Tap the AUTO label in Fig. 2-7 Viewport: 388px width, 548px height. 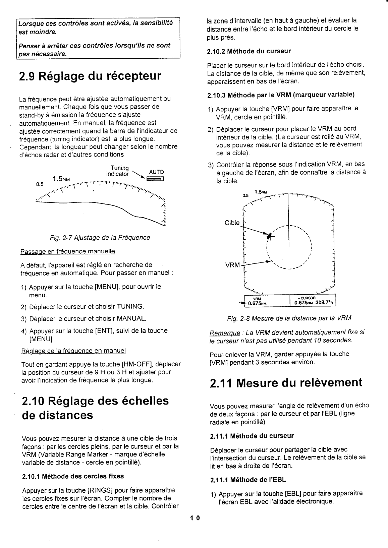pos(156,172)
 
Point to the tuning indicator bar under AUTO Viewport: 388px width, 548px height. pos(156,179)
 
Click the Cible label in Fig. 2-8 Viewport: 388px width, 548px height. pos(232,223)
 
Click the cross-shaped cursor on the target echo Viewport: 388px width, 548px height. pos(269,236)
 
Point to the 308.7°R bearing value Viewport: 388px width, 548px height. pos(324,303)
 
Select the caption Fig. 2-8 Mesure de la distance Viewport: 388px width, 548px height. pos(289,318)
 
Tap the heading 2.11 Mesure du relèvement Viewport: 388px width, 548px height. pos(286,382)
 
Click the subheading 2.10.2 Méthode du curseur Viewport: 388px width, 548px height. pos(248,51)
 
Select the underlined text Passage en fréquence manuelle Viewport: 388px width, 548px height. pos(68,251)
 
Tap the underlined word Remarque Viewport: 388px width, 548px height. pos(225,333)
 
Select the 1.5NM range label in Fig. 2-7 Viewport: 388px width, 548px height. pos(60,179)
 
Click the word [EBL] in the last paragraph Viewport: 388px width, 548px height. pos(293,493)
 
